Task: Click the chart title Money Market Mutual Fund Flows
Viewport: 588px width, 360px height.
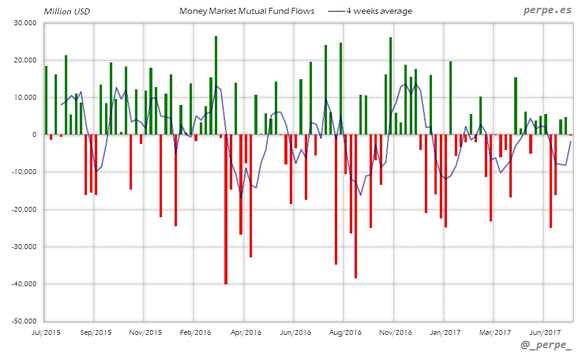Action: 247,11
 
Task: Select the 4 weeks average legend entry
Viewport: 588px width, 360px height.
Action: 379,11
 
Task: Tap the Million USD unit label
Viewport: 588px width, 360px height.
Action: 67,11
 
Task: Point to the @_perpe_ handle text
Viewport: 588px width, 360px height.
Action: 546,346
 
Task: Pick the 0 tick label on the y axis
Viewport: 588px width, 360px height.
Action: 35,134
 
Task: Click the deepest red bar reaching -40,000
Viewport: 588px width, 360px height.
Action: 226,209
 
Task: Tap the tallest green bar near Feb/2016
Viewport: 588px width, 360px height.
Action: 216,85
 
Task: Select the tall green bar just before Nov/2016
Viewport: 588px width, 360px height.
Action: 391,86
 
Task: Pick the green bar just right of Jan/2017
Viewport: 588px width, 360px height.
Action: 451,98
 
